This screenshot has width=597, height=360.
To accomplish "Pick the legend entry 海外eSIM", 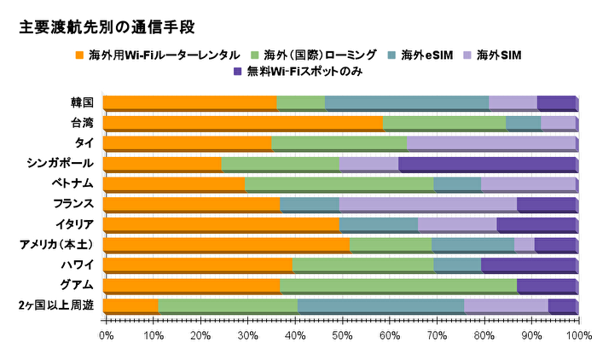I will coord(414,55).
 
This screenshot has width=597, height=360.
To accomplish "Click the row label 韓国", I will coord(83,102).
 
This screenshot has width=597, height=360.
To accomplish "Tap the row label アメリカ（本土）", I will coord(57,244).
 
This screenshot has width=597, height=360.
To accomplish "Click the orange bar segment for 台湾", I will coord(243,123).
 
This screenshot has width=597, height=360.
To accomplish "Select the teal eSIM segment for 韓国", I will coord(406,102).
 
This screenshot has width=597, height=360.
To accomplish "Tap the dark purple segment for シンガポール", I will coord(487,163).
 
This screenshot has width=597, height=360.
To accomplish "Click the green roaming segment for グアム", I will coord(398,285).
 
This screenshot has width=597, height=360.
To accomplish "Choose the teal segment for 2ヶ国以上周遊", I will coord(380,305).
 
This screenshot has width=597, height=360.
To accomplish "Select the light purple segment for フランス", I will coord(427,204).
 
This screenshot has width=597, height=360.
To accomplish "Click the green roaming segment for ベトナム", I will coord(339,183).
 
